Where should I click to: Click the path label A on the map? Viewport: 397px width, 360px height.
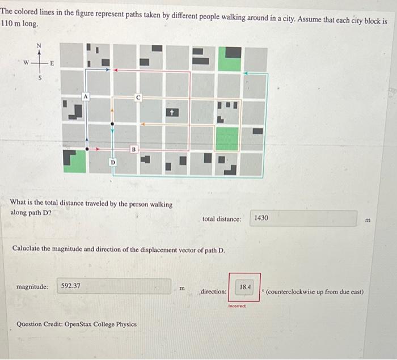(85, 97)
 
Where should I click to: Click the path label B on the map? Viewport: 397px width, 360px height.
(134, 149)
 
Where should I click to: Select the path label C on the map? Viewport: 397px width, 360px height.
(138, 98)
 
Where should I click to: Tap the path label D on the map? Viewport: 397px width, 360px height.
(112, 162)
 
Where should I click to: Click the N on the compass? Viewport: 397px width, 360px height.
(39, 46)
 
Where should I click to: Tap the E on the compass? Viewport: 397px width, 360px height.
(53, 63)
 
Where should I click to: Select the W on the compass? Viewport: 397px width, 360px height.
(26, 63)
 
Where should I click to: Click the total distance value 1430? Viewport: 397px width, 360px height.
(261, 218)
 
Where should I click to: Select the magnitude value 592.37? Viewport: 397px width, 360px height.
(71, 286)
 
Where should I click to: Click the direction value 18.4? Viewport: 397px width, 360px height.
(245, 287)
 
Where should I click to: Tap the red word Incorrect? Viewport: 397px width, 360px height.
(236, 306)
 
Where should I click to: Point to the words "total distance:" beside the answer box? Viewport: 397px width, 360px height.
(222, 219)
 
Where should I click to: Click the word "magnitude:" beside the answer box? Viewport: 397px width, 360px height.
(32, 287)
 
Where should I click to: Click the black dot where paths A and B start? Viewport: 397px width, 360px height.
(87, 149)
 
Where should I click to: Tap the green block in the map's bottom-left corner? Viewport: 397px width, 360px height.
(74, 161)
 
